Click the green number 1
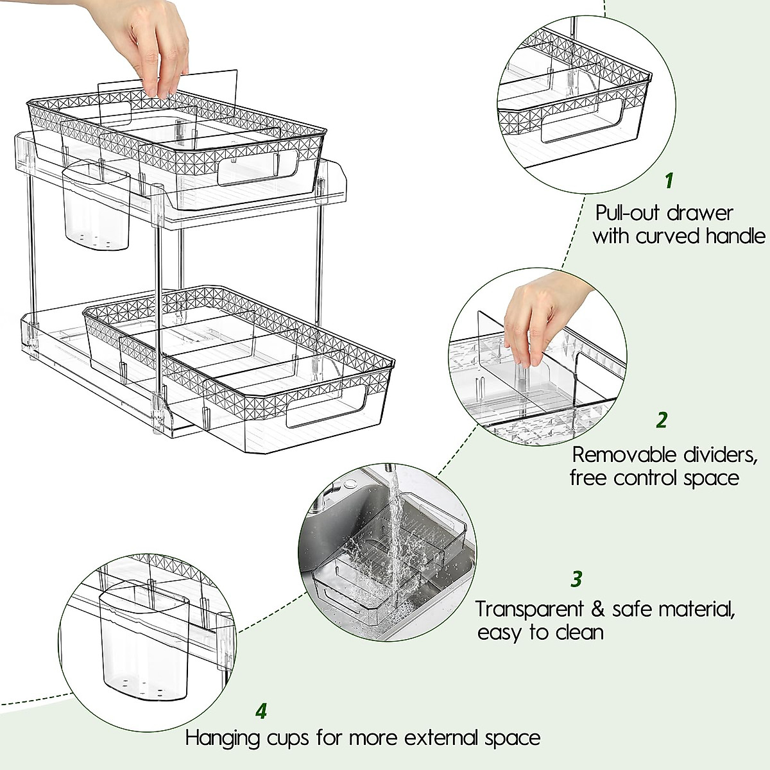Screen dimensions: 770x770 669,181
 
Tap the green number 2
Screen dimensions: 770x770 662,420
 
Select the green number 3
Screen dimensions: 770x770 576,579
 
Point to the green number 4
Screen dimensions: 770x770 261,712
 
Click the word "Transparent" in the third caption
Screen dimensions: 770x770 530,608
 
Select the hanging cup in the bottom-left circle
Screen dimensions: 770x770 144,648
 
